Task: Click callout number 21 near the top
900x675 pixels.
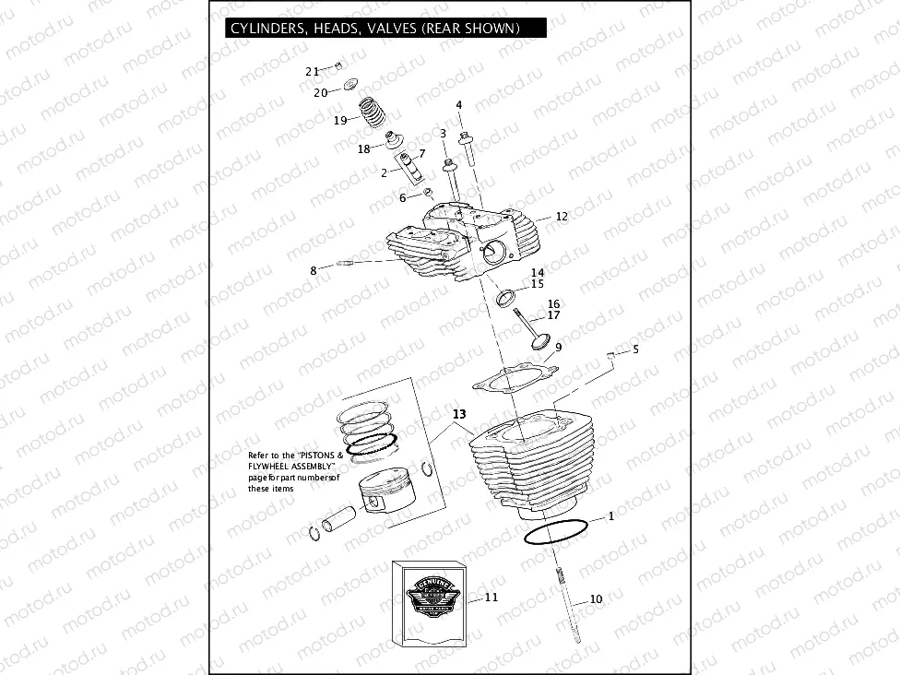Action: (312, 71)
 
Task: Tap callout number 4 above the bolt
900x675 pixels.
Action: (458, 105)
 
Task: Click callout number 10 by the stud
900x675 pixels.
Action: (596, 599)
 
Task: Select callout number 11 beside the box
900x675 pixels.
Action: (491, 598)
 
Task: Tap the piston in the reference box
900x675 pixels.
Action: (390, 486)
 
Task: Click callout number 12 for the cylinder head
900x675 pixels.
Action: (562, 216)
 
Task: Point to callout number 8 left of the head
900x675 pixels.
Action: (314, 270)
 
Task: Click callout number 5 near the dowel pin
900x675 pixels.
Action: (635, 349)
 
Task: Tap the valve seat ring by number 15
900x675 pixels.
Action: (506, 298)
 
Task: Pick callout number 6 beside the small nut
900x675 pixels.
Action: (402, 197)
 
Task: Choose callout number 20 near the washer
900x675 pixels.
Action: (320, 92)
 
